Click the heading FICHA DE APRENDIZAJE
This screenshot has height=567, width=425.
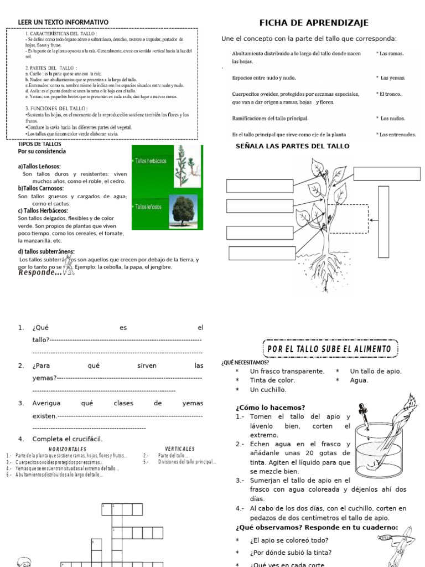pyautogui.click(x=314, y=23)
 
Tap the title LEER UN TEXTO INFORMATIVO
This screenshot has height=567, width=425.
pyautogui.click(x=63, y=22)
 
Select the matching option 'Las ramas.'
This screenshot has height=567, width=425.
pyautogui.click(x=390, y=54)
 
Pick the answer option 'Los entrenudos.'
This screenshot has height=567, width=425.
pyautogui.click(x=396, y=134)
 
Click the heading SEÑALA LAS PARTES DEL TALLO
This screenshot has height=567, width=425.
pyautogui.click(x=293, y=146)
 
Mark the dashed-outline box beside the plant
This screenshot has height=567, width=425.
pyautogui.click(x=349, y=219)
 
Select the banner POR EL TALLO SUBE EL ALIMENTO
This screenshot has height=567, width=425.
pyautogui.click(x=329, y=349)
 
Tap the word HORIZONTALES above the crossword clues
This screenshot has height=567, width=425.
pyautogui.click(x=68, y=449)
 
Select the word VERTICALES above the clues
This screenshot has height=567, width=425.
pyautogui.click(x=180, y=449)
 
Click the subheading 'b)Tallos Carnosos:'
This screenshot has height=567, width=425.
pyautogui.click(x=41, y=188)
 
